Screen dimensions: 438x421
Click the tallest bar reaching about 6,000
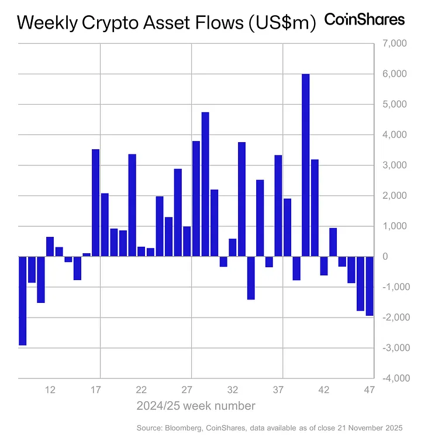pyautogui.click(x=305, y=165)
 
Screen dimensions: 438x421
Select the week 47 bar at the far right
pyautogui.click(x=370, y=286)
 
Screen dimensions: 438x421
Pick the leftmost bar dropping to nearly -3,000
pyautogui.click(x=22, y=301)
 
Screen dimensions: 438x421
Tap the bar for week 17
pyautogui.click(x=95, y=203)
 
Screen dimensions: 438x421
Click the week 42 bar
pyautogui.click(x=324, y=266)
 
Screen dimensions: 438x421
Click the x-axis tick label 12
pyautogui.click(x=50, y=390)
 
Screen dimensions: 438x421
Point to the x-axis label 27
pyautogui.click(x=187, y=390)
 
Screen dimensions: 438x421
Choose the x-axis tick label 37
pyautogui.click(x=278, y=390)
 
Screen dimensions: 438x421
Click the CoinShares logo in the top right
pyautogui.click(x=364, y=19)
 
